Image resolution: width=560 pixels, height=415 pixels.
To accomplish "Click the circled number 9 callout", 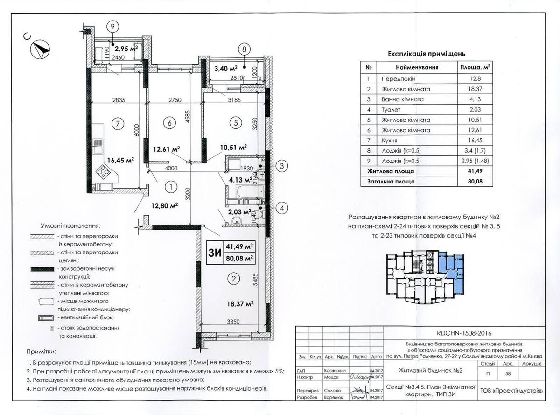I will [112, 27].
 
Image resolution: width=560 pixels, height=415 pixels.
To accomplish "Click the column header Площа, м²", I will [475, 67].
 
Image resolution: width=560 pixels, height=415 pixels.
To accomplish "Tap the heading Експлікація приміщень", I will [427, 54].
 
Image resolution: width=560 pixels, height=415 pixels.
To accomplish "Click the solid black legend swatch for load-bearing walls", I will [42, 269].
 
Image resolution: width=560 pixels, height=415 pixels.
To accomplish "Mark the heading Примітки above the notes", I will [42, 351].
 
